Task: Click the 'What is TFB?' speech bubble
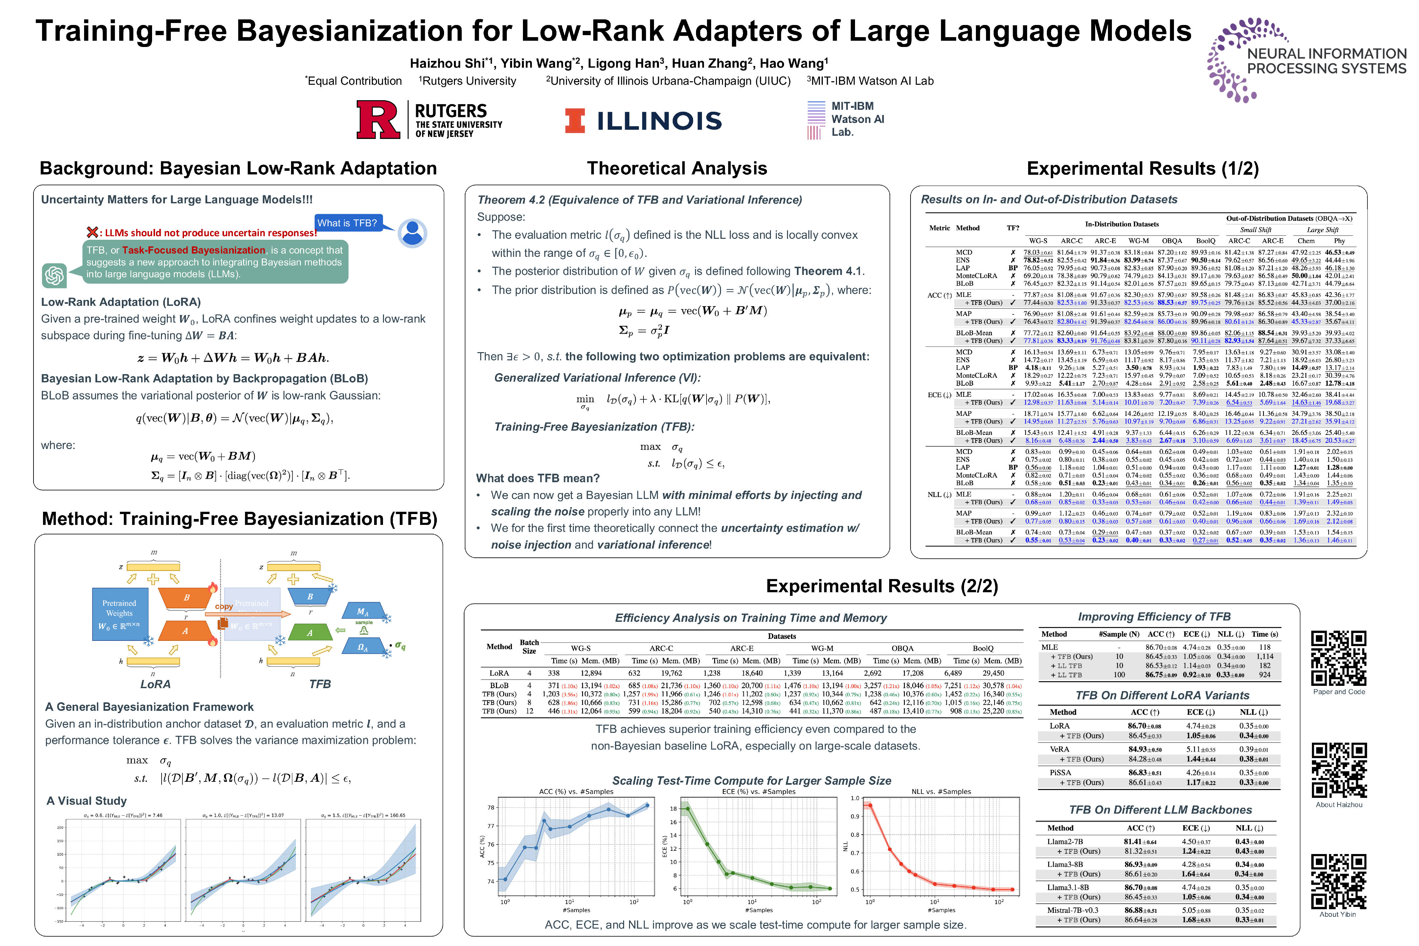(348, 223)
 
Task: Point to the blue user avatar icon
(413, 233)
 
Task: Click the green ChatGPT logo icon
(54, 275)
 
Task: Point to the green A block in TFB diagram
(310, 632)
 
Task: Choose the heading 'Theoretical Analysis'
(677, 168)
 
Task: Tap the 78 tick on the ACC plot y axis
(491, 807)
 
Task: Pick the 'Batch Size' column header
(529, 646)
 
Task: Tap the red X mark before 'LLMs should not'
(92, 232)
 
